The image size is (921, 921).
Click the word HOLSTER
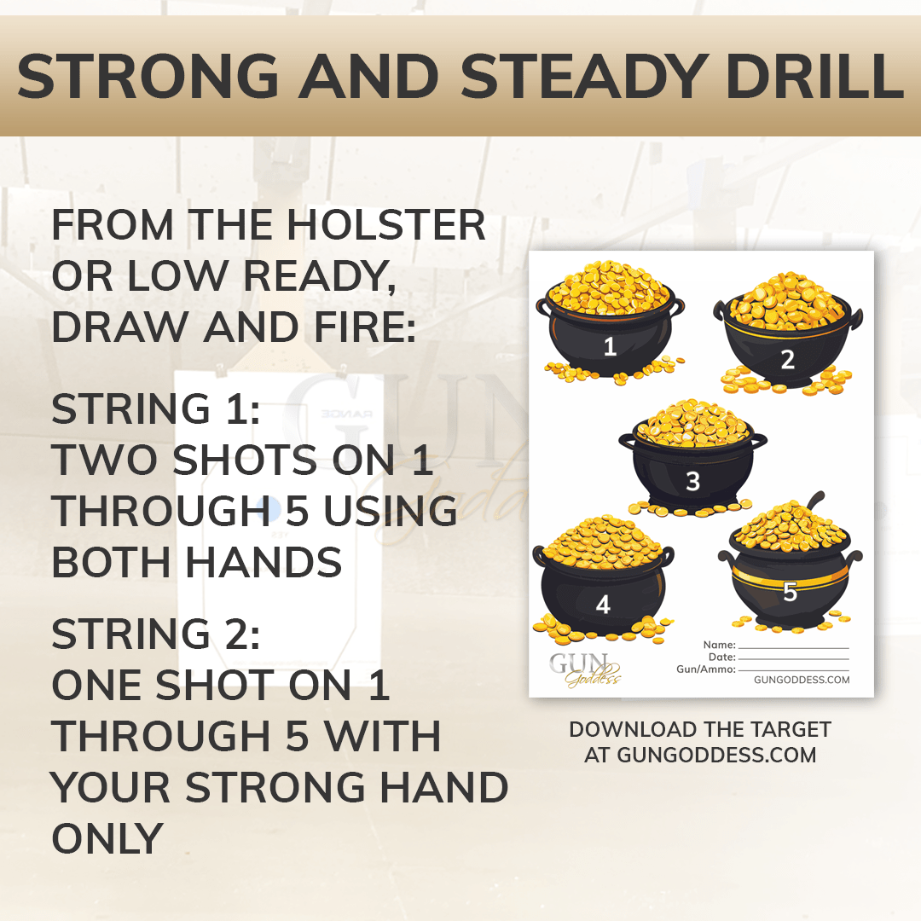pyautogui.click(x=386, y=225)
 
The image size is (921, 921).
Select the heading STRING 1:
pyautogui.click(x=156, y=408)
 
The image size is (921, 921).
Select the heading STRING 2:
pyautogui.click(x=156, y=634)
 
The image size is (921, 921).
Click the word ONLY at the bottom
pyautogui.click(x=107, y=839)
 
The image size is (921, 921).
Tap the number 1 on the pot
pyautogui.click(x=611, y=346)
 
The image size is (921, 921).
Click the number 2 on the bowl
pyautogui.click(x=788, y=360)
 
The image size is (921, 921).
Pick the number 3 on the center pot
pyautogui.click(x=693, y=482)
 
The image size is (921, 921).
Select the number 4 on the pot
pyautogui.click(x=603, y=605)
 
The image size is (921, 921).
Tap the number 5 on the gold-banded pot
pyautogui.click(x=790, y=592)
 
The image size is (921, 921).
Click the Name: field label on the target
pyautogui.click(x=720, y=645)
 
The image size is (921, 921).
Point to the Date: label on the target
pyautogui.click(x=722, y=657)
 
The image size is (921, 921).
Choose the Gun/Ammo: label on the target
pyautogui.click(x=706, y=669)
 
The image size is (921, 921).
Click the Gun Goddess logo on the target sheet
pyautogui.click(x=585, y=669)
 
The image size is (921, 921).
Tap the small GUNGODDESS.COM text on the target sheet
pyautogui.click(x=802, y=680)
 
